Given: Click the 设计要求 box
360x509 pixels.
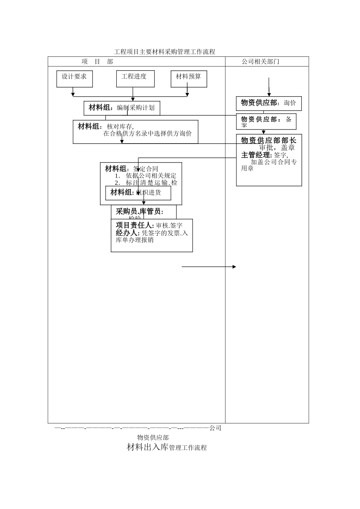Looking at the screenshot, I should coord(74,78).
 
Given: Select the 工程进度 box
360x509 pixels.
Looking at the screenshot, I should coord(135,78).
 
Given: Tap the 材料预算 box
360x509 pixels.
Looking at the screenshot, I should coord(188,78).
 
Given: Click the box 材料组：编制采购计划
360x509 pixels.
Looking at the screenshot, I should coord(122,108).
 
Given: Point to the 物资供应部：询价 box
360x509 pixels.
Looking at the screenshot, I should coord(269,103).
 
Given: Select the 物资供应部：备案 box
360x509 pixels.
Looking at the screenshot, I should coord(266,122).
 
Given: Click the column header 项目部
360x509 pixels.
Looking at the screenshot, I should coord(97,62).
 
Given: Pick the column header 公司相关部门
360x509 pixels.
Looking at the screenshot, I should coord(260,62).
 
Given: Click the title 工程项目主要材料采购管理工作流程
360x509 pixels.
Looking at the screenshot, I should coord(164,52).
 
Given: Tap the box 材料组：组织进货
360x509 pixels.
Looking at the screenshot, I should coord(138,193).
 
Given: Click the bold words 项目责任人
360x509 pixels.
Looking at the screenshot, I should coord(135,225).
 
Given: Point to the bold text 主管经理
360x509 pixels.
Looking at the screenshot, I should coord(257,155).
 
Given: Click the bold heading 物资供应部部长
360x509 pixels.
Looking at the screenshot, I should coord(269,141).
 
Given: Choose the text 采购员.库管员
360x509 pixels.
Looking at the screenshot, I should coord(139,211).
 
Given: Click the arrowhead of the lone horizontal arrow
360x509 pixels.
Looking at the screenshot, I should coord(234,267).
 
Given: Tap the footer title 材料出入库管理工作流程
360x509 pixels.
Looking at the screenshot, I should coord(167,448).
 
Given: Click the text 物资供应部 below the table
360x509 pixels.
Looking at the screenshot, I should coord(153,438).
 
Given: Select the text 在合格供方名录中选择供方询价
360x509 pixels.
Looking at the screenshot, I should coord(147,134).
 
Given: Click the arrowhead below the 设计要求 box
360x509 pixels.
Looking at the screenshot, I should coord(73,94).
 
